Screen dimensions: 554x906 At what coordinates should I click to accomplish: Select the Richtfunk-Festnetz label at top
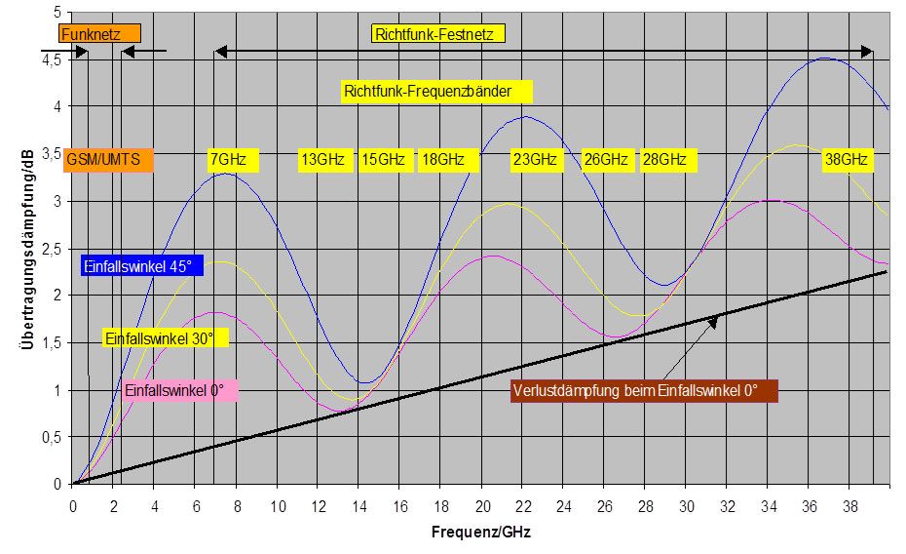tap(439, 34)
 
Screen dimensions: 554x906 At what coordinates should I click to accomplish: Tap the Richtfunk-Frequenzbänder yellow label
tap(437, 92)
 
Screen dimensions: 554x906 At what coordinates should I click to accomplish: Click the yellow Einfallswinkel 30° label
tap(165, 337)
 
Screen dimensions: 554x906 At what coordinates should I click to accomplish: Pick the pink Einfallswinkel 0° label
tap(181, 390)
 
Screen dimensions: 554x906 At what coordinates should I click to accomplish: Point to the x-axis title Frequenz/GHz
tap(481, 534)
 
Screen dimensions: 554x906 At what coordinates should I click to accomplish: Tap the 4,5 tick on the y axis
tap(51, 60)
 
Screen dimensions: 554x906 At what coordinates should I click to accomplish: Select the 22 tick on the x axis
tap(523, 506)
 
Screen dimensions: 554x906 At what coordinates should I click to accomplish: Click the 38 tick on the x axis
tap(849, 506)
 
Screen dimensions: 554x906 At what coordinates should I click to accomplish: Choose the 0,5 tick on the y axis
tap(51, 437)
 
